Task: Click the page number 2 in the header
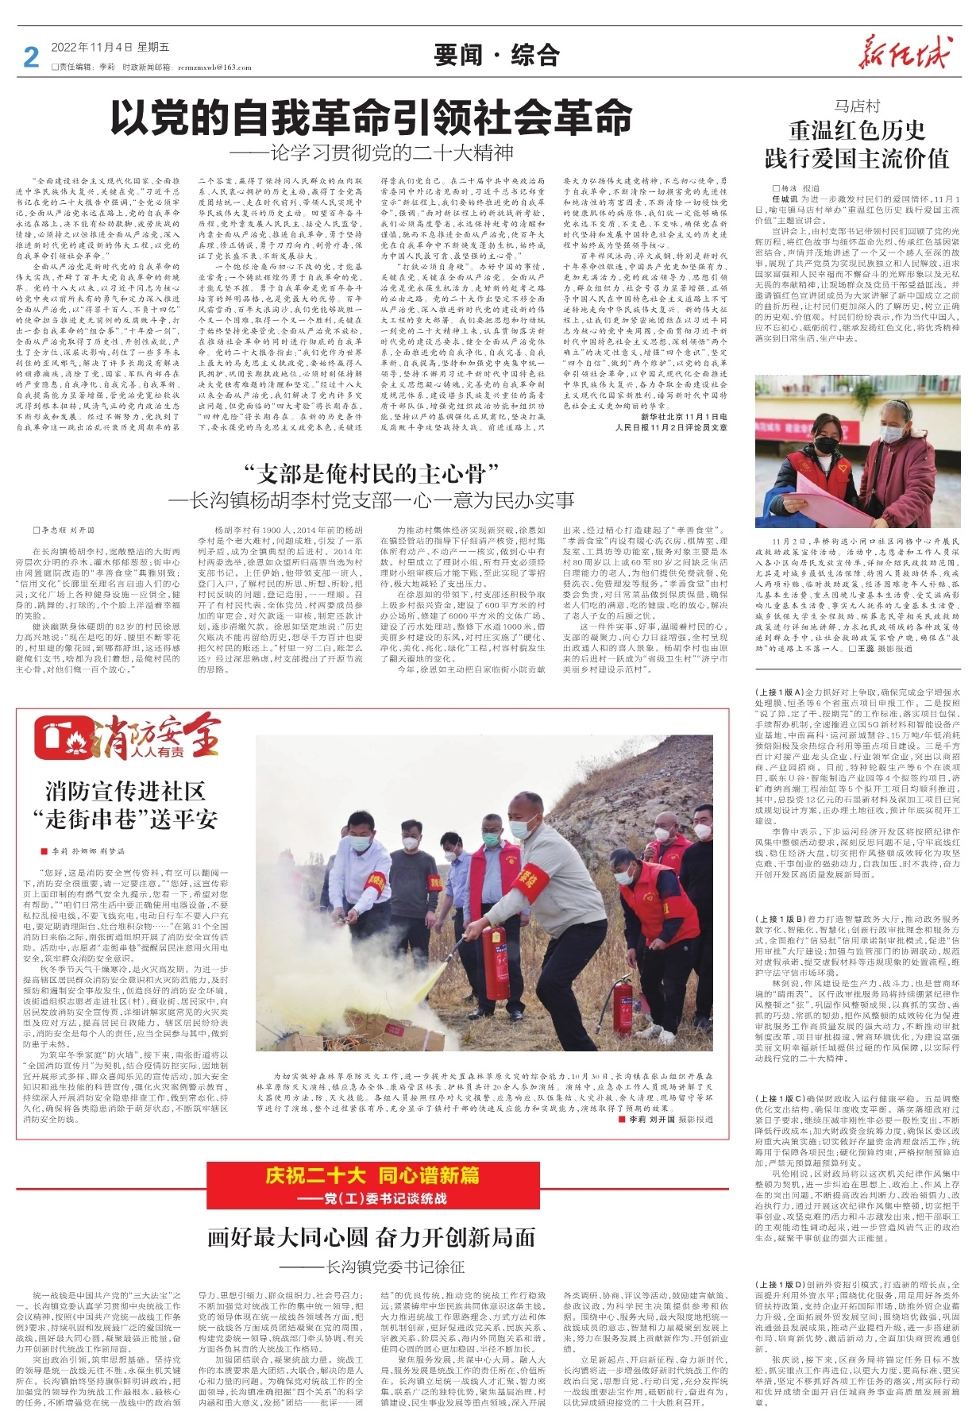pos(31,57)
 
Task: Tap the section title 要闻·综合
pos(496,56)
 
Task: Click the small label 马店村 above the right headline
pos(857,106)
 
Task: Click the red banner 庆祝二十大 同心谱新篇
pos(372,1175)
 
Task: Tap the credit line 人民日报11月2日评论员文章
pos(671,427)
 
